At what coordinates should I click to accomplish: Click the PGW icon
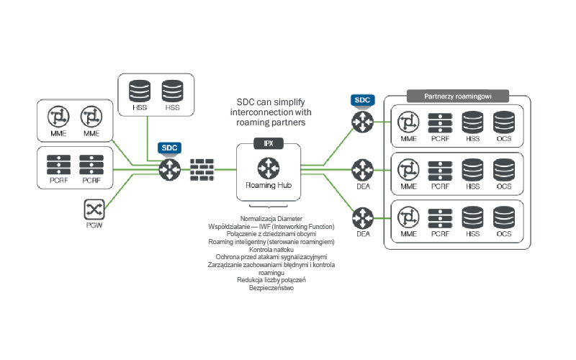93,210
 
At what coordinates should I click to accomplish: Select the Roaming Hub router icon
269,169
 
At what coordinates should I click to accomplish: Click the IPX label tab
269,143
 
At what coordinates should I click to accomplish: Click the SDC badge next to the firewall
169,148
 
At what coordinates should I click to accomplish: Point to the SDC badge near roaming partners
362,100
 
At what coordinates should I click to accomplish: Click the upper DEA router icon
362,170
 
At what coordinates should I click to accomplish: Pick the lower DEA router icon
362,215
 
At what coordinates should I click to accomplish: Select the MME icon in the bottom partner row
408,218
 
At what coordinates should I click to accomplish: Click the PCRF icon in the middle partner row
440,171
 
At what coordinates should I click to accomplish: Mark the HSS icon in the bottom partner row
472,218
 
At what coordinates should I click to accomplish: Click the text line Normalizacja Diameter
269,218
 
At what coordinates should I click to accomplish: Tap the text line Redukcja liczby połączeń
269,280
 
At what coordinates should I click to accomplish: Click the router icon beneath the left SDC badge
169,170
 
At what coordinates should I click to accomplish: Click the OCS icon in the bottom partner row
504,218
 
